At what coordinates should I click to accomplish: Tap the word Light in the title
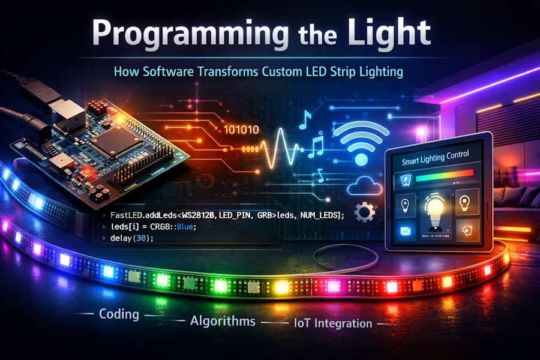click(395, 35)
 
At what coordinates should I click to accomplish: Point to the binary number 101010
click(241, 130)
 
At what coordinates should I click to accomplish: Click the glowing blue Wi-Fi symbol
click(361, 145)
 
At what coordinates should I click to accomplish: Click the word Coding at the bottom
click(119, 314)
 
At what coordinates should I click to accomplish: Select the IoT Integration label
click(334, 323)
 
